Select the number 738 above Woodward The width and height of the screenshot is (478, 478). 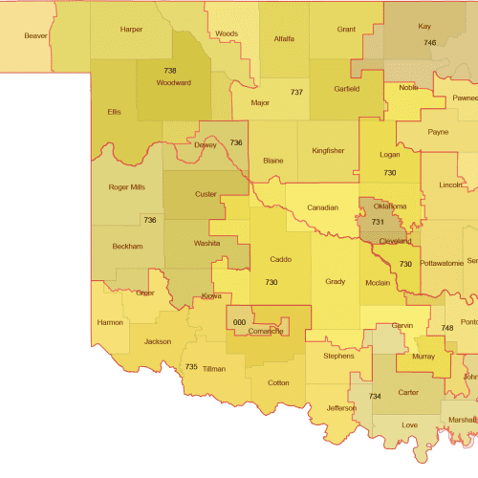click(x=170, y=71)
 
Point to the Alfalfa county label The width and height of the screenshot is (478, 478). click(x=284, y=39)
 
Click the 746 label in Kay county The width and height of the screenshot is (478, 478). click(x=429, y=43)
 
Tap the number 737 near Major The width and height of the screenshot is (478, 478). click(x=297, y=92)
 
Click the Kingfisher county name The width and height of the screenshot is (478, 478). click(x=328, y=150)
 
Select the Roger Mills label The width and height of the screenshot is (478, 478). click(x=126, y=187)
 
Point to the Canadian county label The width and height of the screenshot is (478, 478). click(x=322, y=207)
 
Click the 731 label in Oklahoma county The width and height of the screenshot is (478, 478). click(x=377, y=221)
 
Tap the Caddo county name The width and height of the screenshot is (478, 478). click(x=281, y=259)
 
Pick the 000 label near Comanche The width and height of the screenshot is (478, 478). click(x=241, y=323)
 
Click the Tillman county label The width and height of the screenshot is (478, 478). click(x=214, y=368)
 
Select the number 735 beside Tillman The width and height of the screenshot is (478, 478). click(x=191, y=367)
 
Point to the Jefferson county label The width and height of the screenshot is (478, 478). click(x=341, y=408)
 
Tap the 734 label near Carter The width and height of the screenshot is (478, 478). click(x=376, y=396)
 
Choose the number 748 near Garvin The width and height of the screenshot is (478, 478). click(x=447, y=328)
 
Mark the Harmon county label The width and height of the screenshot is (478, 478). click(x=110, y=322)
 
